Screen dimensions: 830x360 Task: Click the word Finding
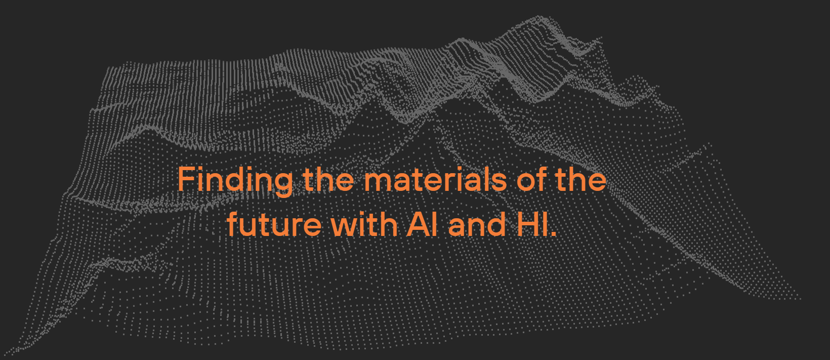(x=235, y=181)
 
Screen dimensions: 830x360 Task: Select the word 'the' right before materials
(x=328, y=178)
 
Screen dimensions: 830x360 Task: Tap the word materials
(x=436, y=179)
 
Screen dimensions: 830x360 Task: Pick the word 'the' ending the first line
(x=581, y=178)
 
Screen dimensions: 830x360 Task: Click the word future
(x=274, y=224)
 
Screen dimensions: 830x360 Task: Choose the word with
(x=364, y=224)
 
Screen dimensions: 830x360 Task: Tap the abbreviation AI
(x=422, y=224)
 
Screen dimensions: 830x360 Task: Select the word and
(x=477, y=224)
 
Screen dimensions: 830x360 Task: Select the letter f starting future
(x=233, y=224)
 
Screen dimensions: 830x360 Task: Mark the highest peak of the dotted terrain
(x=539, y=17)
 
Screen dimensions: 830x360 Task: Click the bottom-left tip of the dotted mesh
(x=5, y=354)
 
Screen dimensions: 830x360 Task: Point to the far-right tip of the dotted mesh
(x=800, y=298)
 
